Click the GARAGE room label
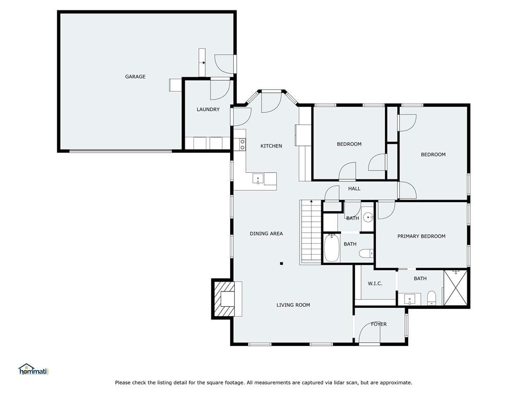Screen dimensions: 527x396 (x=135, y=76)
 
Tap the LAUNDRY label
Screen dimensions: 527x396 (x=208, y=109)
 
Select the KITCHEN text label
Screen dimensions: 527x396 (x=271, y=146)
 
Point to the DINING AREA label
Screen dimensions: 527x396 (x=266, y=234)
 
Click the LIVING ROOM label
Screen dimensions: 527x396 (x=293, y=305)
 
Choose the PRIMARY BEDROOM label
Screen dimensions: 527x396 (x=421, y=236)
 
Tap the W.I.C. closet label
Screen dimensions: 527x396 (x=375, y=284)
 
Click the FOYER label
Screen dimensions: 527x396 (x=379, y=324)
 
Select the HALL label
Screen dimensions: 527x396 (x=354, y=189)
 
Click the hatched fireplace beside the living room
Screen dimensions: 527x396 (x=223, y=299)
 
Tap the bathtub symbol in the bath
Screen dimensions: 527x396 (x=332, y=248)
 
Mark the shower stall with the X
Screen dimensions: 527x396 (x=455, y=288)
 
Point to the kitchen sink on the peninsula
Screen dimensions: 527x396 (x=258, y=178)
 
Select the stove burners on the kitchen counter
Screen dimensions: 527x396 (x=242, y=144)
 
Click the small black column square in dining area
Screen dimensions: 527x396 (x=282, y=263)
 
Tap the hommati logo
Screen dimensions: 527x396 (x=33, y=369)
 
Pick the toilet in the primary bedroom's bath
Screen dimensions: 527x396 (x=431, y=298)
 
